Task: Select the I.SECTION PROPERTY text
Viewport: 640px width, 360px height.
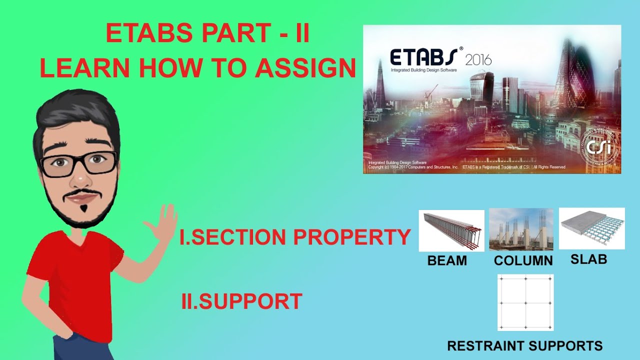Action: tap(295, 238)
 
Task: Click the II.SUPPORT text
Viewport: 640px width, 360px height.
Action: tap(241, 302)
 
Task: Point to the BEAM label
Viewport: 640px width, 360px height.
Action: tap(447, 260)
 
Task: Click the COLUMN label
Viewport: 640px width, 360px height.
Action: tap(523, 260)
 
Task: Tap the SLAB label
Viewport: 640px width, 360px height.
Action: tap(588, 259)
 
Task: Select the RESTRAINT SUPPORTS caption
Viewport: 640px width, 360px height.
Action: tap(524, 345)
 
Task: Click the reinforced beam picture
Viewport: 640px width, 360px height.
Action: tap(451, 230)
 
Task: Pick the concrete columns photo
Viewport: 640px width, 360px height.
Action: tap(521, 229)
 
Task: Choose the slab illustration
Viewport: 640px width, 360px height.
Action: tap(591, 228)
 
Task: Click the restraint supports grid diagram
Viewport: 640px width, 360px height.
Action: tap(525, 302)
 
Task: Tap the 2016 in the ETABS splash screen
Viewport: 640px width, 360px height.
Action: tap(478, 60)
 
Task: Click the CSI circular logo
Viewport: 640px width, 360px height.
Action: tap(597, 148)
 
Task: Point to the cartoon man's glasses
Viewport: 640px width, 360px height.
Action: tap(78, 164)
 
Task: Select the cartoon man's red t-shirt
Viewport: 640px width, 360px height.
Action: tap(75, 280)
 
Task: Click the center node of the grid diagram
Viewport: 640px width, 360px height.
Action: tap(525, 302)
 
